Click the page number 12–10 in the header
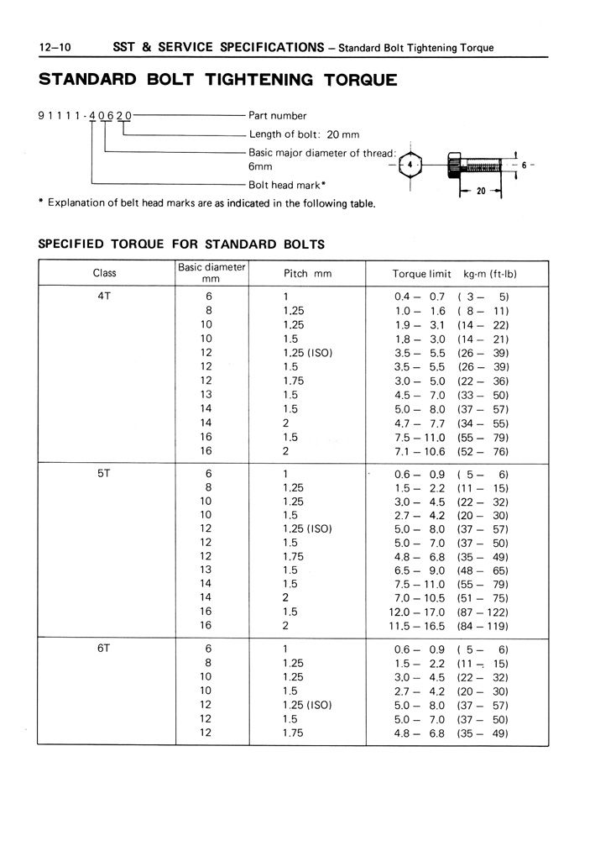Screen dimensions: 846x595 tap(55, 47)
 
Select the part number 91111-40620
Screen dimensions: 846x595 tap(85, 116)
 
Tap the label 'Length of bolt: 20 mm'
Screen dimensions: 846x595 tap(304, 134)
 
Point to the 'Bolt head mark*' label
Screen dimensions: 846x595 tap(287, 184)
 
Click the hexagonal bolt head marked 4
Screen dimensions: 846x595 tap(410, 166)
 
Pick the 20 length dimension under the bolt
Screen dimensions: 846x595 tap(481, 192)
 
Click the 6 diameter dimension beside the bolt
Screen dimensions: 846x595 tap(524, 166)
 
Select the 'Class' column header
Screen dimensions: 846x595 tap(105, 273)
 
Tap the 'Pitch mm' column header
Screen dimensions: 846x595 tap(308, 274)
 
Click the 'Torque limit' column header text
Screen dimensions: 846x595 tap(422, 274)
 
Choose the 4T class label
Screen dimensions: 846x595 tap(105, 296)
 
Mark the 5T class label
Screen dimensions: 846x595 tap(105, 473)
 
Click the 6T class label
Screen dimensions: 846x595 tap(105, 649)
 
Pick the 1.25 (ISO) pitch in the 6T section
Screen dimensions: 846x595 tap(308, 705)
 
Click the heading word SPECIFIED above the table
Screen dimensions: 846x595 tap(71, 244)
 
